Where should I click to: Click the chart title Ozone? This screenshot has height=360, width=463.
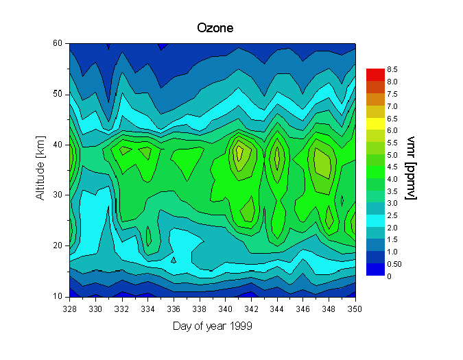point(215,28)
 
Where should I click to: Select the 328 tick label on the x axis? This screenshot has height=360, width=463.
point(69,309)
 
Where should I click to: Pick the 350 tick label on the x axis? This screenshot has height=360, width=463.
point(355,309)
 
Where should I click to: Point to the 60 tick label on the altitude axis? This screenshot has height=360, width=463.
point(59,43)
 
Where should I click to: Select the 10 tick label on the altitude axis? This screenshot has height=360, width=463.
point(59,296)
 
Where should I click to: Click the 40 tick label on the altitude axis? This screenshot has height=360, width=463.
point(59,145)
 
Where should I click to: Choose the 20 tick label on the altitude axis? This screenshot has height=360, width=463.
point(59,245)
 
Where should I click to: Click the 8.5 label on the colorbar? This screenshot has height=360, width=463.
point(392,70)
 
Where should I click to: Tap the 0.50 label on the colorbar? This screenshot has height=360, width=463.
point(394,264)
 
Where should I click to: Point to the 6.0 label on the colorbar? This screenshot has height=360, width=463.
point(392,130)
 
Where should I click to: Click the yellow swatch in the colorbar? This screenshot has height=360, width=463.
point(375,123)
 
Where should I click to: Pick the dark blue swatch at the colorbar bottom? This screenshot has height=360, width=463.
point(375,269)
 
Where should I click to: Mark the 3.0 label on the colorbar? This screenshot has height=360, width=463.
point(392,203)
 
